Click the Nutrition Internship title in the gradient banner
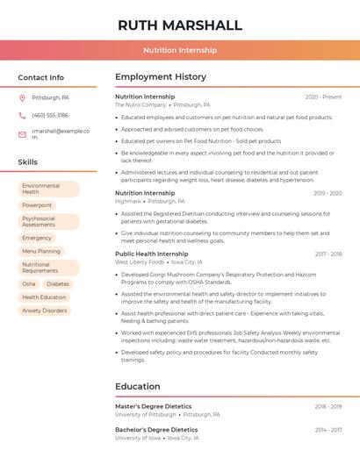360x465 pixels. (x=180, y=50)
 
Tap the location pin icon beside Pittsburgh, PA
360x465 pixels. (x=22, y=97)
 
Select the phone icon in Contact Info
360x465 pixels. (x=22, y=115)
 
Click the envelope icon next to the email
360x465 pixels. (x=22, y=134)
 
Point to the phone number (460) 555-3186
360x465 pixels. (x=50, y=115)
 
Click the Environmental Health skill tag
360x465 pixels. (x=48, y=189)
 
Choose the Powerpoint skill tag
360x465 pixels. (x=37, y=205)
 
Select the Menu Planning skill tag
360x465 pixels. (x=41, y=251)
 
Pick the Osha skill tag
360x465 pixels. (x=29, y=284)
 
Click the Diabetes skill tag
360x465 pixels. (x=58, y=284)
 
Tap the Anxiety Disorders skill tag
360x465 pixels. (x=45, y=311)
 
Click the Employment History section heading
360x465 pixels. (x=161, y=77)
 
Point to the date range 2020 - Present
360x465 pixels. (x=323, y=97)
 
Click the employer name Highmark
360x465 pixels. (x=128, y=201)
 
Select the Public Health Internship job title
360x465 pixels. (x=152, y=254)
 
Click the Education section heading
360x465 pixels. (x=137, y=386)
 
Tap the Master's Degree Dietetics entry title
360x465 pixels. (x=153, y=406)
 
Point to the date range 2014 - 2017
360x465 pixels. (x=328, y=429)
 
